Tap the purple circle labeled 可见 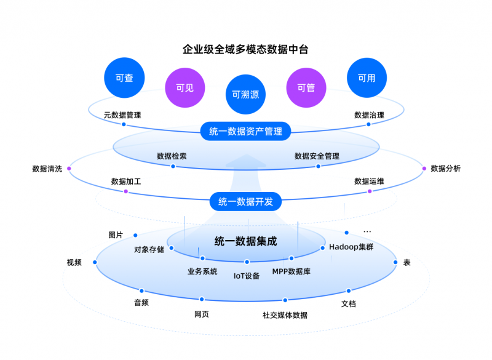(x=184, y=87)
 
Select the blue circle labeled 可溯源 (x=245, y=95)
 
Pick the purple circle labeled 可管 (x=306, y=87)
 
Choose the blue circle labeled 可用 (x=367, y=78)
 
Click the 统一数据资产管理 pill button (x=245, y=131)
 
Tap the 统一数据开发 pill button (x=245, y=201)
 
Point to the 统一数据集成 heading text (x=245, y=241)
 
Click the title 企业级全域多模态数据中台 (x=245, y=48)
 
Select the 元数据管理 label (x=122, y=114)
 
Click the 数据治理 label (x=369, y=114)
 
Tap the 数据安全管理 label (x=317, y=156)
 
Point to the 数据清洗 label (x=47, y=169)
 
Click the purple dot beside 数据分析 (x=424, y=168)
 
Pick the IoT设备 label (x=247, y=276)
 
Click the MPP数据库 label (x=291, y=271)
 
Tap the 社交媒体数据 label (x=285, y=315)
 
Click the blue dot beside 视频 (x=95, y=262)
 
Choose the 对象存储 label (x=149, y=250)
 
